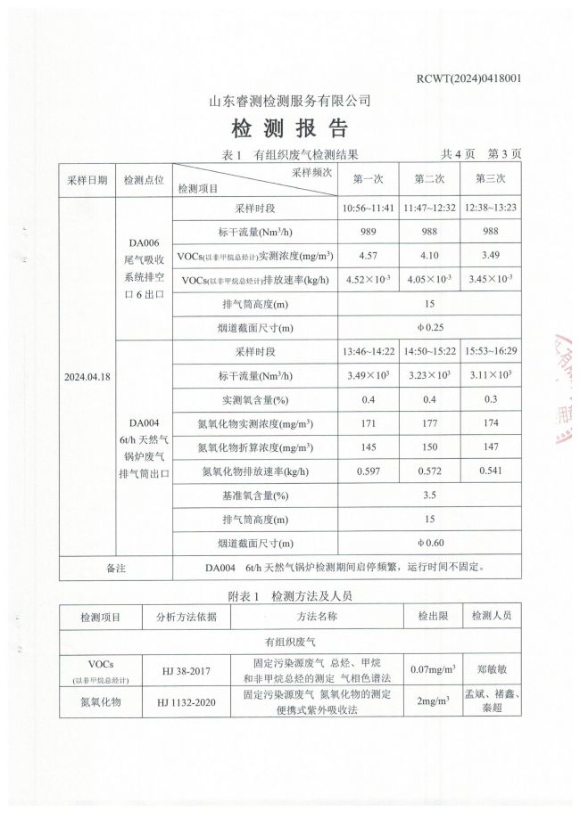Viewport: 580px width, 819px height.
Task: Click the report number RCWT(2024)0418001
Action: point(468,78)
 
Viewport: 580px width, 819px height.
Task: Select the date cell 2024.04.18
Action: point(87,377)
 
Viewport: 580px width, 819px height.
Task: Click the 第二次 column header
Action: point(429,178)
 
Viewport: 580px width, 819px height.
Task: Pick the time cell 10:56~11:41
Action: point(369,209)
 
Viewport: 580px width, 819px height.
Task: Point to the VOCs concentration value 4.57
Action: point(369,256)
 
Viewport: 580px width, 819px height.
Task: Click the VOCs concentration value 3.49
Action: point(491,256)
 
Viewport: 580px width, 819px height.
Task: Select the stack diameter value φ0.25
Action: point(430,328)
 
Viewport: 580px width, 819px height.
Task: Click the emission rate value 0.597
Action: point(369,471)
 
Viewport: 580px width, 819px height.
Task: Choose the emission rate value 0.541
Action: point(491,471)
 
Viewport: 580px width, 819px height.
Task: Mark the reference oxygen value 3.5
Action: point(430,495)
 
